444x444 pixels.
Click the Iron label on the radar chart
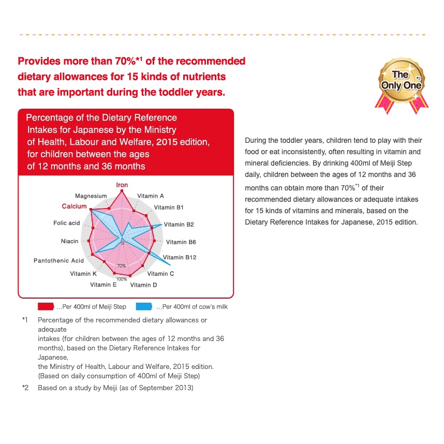click(122, 185)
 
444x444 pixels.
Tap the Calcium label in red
click(74, 206)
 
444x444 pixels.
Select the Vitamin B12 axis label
click(180, 257)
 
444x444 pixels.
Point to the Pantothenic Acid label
click(58, 260)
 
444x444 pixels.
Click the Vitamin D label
click(143, 285)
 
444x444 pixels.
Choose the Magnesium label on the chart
click(91, 196)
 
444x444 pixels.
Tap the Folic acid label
click(67, 223)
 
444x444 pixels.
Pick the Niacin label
click(69, 241)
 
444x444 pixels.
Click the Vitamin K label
click(83, 273)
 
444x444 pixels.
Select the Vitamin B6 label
click(181, 242)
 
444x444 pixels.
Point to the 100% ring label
click(122, 279)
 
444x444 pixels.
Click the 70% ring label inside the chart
click(122, 266)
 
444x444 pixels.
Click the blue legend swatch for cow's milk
click(144, 306)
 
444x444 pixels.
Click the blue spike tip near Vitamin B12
click(171, 265)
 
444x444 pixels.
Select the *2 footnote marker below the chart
click(25, 387)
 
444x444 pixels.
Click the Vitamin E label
click(103, 285)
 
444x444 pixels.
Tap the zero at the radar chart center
click(123, 242)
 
